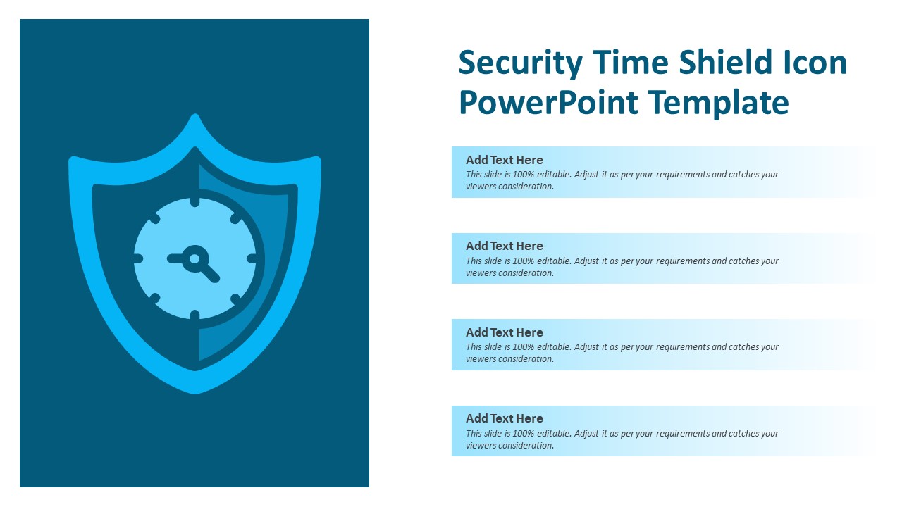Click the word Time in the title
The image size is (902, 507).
630,63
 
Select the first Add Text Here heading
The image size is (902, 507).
504,160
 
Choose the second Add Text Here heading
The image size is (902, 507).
504,246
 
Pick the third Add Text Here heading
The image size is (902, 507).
504,332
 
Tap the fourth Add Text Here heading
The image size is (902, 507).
504,418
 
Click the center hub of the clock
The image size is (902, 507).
194,258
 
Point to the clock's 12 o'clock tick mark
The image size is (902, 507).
195,203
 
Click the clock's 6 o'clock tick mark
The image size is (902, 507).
195,315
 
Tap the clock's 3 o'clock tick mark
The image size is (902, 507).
252,259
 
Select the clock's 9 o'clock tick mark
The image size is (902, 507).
138,259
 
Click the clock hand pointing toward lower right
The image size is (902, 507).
209,273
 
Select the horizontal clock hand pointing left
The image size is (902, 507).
175,258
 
